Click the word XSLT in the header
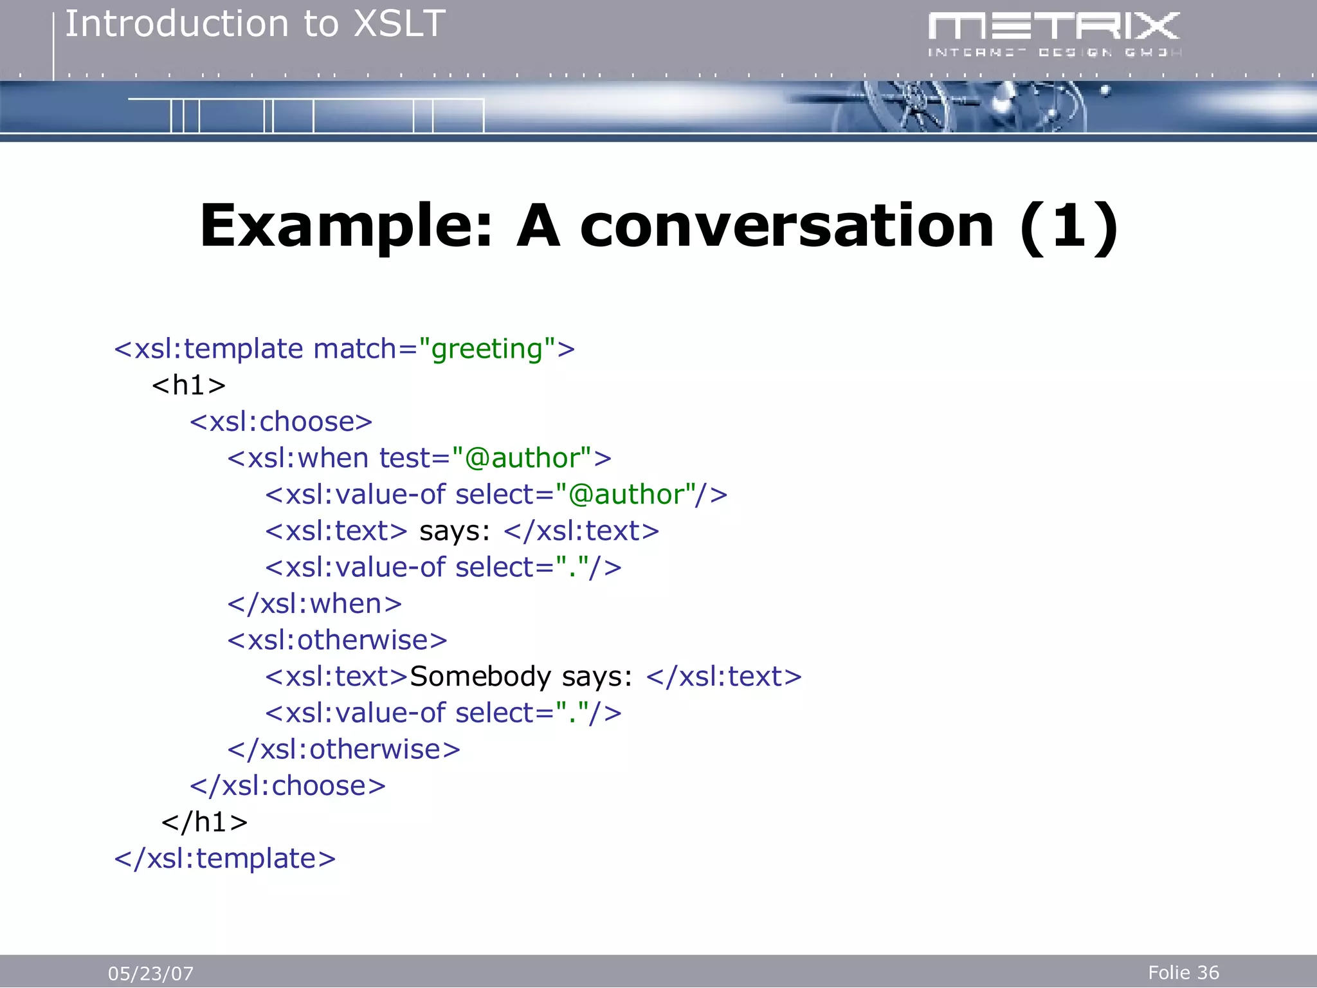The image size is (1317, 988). click(x=399, y=24)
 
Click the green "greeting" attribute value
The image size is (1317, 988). click(x=487, y=349)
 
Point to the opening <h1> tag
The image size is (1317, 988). click(x=188, y=385)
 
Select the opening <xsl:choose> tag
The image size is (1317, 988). click(x=281, y=422)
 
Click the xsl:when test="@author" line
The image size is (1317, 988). click(x=419, y=458)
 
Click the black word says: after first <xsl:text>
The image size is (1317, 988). click(x=455, y=531)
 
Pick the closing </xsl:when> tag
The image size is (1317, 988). click(x=314, y=604)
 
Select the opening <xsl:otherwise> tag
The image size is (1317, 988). click(x=337, y=641)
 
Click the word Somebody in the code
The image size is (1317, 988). click(x=480, y=677)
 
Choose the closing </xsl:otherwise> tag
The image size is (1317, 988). click(x=343, y=750)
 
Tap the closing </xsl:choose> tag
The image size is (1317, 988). click(x=287, y=786)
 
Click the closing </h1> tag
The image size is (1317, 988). click(x=204, y=823)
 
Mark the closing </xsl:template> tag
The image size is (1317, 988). click(x=224, y=859)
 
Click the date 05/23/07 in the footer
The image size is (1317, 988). click(x=150, y=973)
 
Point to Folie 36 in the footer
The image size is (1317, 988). click(x=1183, y=973)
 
